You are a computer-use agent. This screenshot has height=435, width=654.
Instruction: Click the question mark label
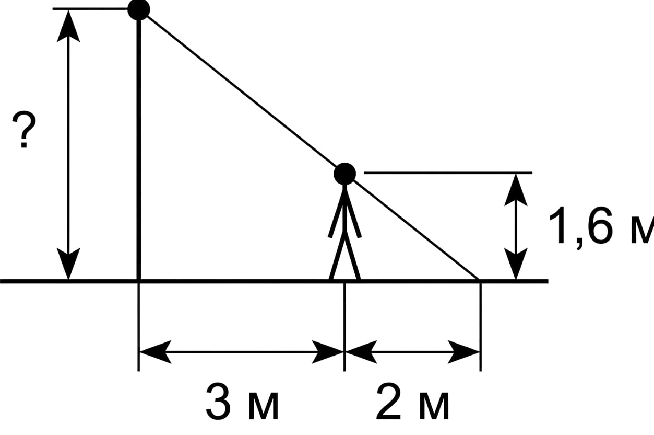(24, 129)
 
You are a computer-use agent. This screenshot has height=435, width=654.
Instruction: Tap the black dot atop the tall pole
(139, 9)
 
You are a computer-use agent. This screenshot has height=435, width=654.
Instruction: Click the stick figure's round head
(345, 174)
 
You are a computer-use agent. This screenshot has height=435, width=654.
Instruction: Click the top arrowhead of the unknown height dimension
(68, 26)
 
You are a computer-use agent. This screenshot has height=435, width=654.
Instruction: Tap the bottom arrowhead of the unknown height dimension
(68, 264)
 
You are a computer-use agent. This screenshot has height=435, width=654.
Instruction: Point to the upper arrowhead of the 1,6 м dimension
(516, 190)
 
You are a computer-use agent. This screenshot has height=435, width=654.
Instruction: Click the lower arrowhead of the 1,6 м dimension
(516, 264)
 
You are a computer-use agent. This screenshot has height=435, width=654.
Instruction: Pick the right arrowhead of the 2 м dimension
(463, 352)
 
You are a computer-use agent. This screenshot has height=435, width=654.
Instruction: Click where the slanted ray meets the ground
(479, 280)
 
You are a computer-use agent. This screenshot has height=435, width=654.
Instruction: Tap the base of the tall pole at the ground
(139, 281)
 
